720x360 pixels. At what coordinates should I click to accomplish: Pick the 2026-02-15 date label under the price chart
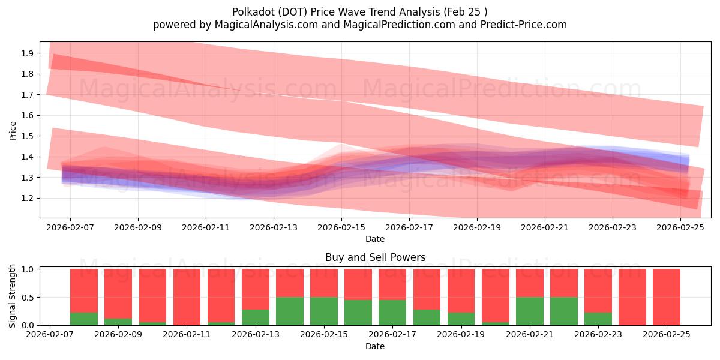[x=341, y=227]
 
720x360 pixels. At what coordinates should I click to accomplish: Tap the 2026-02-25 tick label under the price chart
[x=680, y=227]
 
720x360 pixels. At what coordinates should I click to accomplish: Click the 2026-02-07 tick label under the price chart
[x=70, y=227]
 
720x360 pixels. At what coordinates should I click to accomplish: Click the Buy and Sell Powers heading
[x=375, y=257]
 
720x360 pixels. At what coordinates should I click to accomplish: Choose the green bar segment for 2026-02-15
[x=324, y=311]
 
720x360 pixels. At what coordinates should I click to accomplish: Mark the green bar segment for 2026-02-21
[x=530, y=311]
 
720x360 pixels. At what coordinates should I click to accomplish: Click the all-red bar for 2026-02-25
[x=667, y=297]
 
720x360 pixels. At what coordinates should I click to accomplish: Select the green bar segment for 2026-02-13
[x=256, y=317]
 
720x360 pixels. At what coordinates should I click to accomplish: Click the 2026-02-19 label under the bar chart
[x=461, y=335]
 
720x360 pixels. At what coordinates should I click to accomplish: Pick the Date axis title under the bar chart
[x=375, y=346]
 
